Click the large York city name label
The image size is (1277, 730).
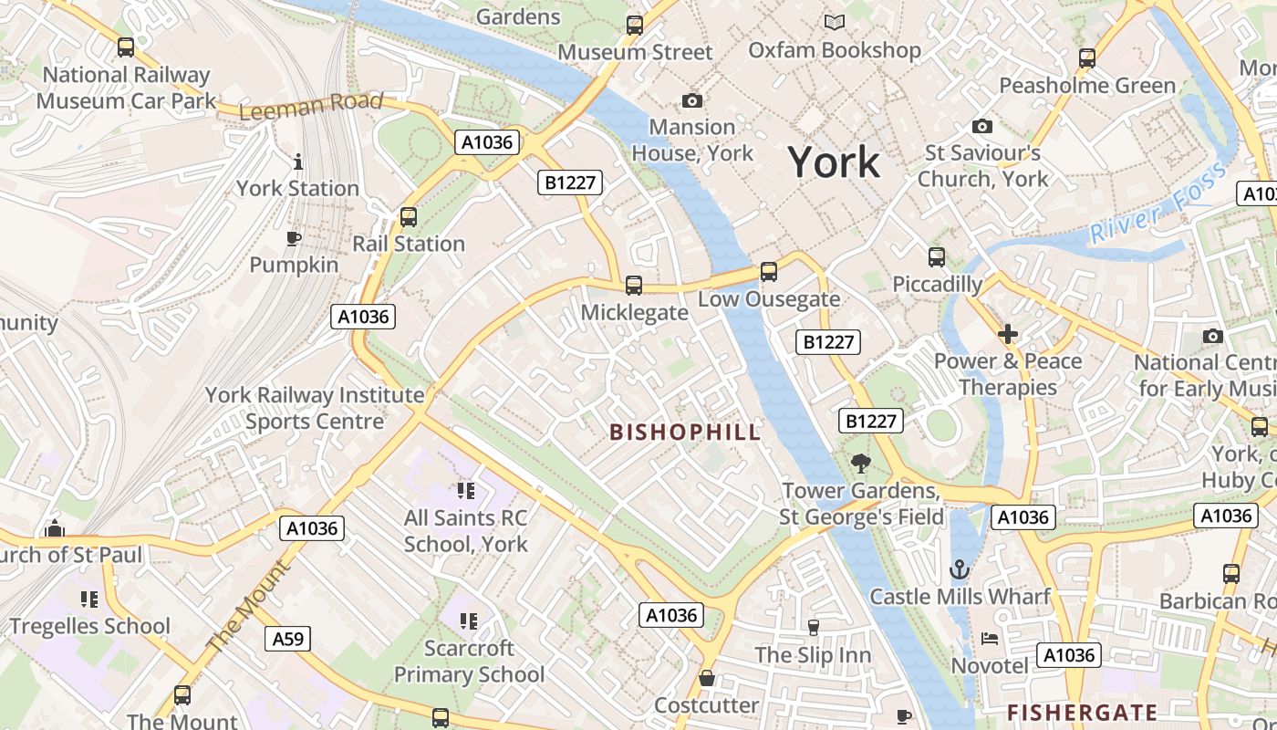[x=834, y=162]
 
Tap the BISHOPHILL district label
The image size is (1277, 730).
[x=684, y=433]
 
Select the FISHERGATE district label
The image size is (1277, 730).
[x=1082, y=712]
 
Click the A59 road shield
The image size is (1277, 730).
[x=288, y=639]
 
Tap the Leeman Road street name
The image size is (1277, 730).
[x=310, y=106]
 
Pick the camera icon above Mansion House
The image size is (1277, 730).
[x=692, y=100]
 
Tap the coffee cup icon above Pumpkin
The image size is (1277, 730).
[x=293, y=239]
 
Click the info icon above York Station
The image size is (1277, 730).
[x=297, y=162]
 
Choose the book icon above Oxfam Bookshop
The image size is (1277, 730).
[x=834, y=22]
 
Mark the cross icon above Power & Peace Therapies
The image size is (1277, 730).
[x=1007, y=335]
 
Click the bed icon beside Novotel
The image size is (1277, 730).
[x=990, y=639]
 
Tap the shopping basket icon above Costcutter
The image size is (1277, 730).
[x=706, y=678]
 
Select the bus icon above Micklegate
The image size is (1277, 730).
[x=634, y=286]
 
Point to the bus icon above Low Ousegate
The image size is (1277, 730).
[x=769, y=272]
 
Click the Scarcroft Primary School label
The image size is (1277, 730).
[x=469, y=662]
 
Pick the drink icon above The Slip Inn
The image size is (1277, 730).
[x=813, y=627]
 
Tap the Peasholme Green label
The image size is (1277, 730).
[x=1087, y=86]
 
